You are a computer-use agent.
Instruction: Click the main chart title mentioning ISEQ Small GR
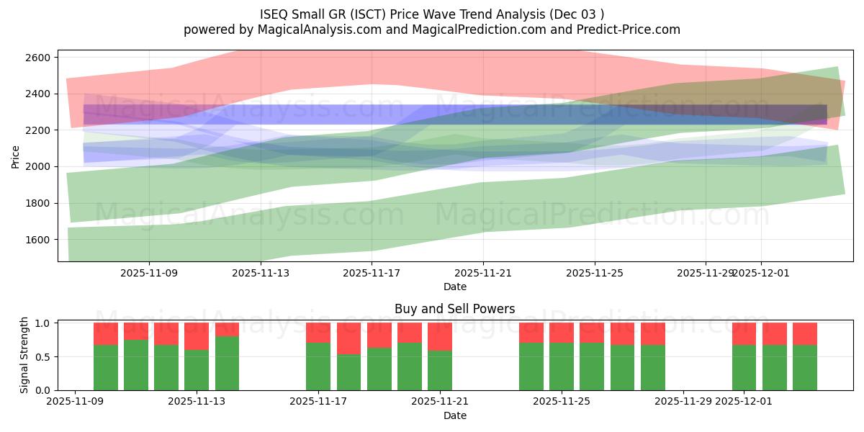(x=432, y=14)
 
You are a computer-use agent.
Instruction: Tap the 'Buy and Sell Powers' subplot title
(x=454, y=309)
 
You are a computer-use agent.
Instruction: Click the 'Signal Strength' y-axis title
(x=24, y=354)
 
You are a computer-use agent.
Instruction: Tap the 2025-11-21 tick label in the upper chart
(x=482, y=273)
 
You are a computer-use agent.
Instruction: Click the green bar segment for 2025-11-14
(x=227, y=364)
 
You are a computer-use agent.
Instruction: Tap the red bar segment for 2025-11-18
(x=348, y=338)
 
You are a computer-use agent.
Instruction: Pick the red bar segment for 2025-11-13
(x=197, y=336)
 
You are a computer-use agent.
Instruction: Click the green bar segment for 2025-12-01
(x=744, y=367)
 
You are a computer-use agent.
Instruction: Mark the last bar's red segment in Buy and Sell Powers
(x=805, y=333)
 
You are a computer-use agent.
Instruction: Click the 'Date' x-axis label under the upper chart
(x=454, y=287)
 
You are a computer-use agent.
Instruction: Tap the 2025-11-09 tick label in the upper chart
(x=149, y=273)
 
